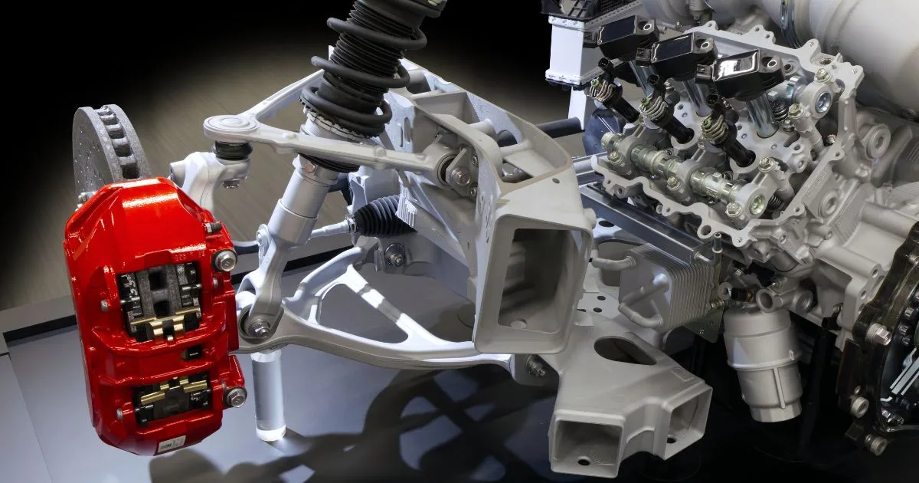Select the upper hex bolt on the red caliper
tap(224, 261)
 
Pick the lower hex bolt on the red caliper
tap(234, 396)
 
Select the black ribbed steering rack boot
tap(379, 217)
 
